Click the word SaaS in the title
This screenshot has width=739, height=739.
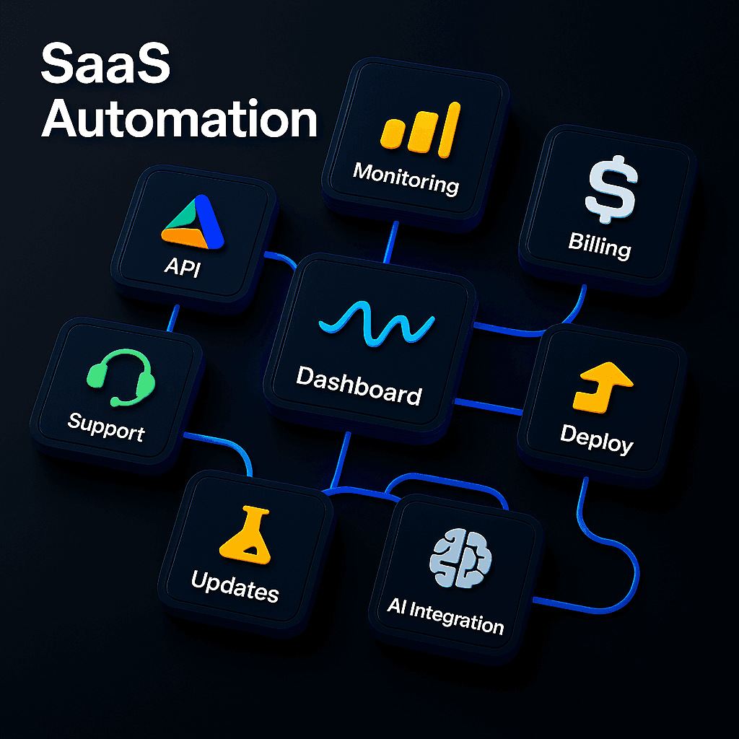click(105, 66)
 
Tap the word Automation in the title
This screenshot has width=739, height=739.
click(179, 121)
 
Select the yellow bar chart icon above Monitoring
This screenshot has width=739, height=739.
click(420, 129)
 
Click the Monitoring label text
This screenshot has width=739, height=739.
click(406, 178)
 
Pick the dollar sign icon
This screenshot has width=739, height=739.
click(610, 190)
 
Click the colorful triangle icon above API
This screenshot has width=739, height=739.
click(193, 222)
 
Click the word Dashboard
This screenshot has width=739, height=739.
click(359, 385)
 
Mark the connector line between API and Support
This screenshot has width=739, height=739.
click(173, 318)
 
